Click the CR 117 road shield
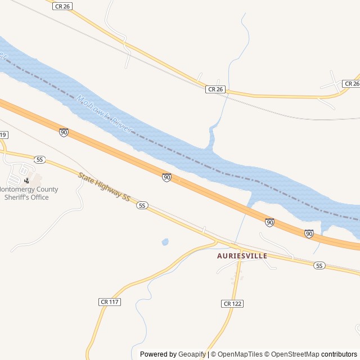[110, 302]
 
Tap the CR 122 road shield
[232, 304]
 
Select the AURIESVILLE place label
[242, 255]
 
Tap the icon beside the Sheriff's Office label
[26, 181]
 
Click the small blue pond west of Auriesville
[165, 242]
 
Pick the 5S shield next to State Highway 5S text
[142, 205]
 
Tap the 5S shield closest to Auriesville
[319, 265]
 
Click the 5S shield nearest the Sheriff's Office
[39, 160]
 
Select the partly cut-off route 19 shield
[4, 135]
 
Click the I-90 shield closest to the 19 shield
[64, 132]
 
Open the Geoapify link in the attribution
[192, 354]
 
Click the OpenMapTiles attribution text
[240, 354]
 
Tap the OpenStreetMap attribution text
[293, 354]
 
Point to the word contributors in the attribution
[339, 354]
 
